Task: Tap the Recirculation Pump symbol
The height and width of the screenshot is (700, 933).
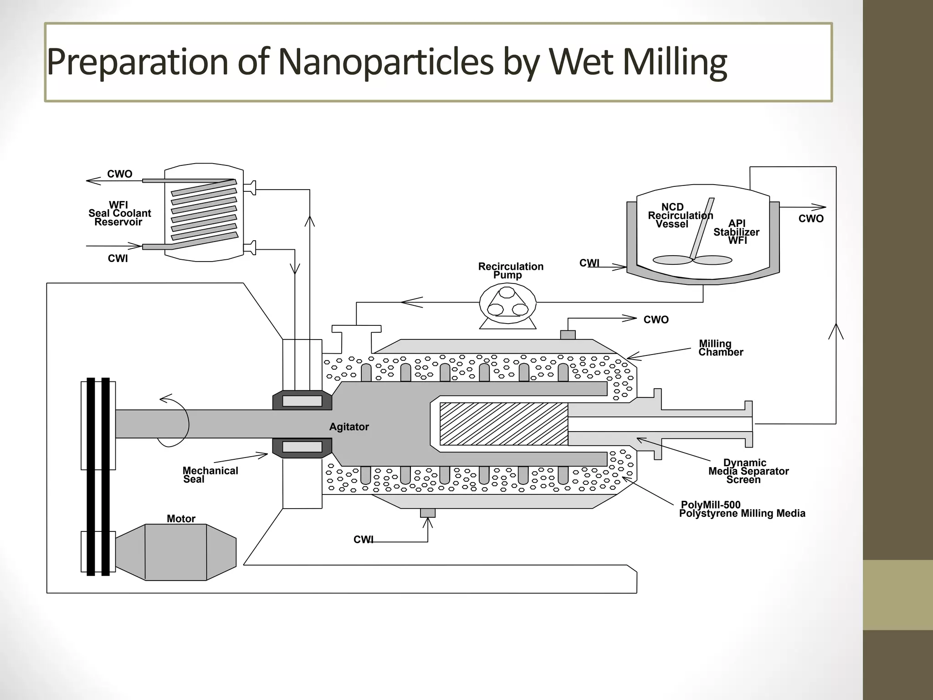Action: coord(508,303)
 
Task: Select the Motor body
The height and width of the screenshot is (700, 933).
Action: coord(176,552)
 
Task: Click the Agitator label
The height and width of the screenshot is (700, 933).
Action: coord(349,427)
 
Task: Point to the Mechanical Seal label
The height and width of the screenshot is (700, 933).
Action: coord(210,475)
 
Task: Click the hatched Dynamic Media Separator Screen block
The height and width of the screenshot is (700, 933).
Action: coord(504,424)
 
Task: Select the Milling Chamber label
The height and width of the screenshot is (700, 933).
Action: coord(720,348)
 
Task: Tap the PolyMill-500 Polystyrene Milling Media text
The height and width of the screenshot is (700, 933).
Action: coord(742,509)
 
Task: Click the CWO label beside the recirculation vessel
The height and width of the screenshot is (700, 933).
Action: coord(811,219)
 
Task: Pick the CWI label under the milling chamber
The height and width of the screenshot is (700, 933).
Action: coord(363,540)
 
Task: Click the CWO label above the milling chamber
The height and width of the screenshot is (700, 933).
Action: coord(656,320)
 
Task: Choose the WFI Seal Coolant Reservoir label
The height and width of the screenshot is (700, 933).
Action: coord(119,213)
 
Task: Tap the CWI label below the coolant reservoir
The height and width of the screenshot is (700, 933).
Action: coord(118,258)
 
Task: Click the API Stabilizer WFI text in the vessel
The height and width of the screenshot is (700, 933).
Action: coord(736,232)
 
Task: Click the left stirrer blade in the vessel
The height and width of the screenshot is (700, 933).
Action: coord(672,260)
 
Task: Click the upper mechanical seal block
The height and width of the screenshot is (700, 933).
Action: coord(302,401)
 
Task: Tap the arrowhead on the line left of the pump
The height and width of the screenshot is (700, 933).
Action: coord(412,302)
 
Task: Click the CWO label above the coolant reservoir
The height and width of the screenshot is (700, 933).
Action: coord(119,174)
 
